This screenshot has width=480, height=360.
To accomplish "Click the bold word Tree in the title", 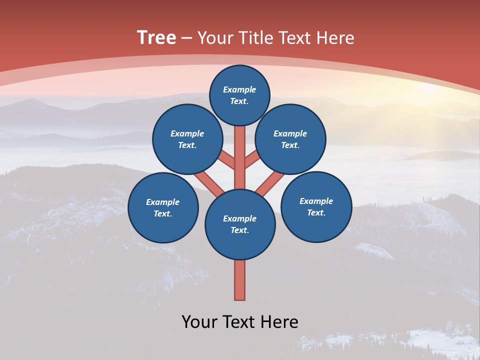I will [x=156, y=37].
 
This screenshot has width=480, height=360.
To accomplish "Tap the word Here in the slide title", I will [x=335, y=38].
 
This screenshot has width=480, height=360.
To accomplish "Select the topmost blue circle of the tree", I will [x=239, y=95].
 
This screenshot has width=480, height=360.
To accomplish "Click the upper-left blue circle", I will [x=187, y=139].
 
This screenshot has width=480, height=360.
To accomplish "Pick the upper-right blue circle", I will [x=290, y=139].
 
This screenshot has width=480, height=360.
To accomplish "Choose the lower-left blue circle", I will [x=163, y=207].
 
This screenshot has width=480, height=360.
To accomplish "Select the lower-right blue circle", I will [x=316, y=206].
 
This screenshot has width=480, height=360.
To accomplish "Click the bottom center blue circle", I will [x=240, y=224].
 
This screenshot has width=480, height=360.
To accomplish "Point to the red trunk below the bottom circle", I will [x=240, y=280].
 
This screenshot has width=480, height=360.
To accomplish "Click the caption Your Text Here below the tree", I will [x=240, y=321].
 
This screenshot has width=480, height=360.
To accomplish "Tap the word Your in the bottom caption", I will [x=199, y=321].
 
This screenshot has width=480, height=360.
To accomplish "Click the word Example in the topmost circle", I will [x=239, y=89].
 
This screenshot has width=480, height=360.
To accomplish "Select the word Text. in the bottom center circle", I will [x=239, y=230].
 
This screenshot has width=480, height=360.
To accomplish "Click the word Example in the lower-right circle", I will [x=316, y=201].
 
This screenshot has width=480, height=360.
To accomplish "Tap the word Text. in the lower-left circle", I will [x=162, y=213].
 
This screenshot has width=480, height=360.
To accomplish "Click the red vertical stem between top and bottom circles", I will [x=240, y=155].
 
